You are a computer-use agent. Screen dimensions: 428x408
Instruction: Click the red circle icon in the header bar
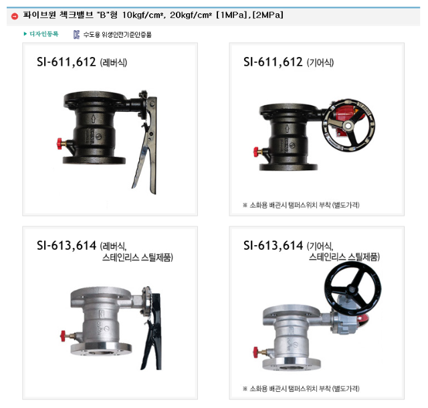click(15, 16)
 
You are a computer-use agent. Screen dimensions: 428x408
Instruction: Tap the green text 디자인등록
click(44, 34)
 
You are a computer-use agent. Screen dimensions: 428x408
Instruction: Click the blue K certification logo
click(76, 34)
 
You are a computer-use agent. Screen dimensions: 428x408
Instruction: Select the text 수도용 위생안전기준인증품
click(118, 34)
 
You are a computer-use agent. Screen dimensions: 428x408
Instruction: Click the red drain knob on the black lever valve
click(60, 144)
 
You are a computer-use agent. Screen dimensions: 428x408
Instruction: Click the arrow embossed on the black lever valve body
click(93, 119)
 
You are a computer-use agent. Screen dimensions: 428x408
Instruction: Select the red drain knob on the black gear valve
click(256, 152)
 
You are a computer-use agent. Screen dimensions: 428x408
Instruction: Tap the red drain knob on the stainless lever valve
click(63, 336)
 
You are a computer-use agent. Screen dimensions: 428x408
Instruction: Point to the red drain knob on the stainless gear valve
click(256, 352)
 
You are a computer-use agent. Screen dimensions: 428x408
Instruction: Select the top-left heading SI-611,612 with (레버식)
click(82, 62)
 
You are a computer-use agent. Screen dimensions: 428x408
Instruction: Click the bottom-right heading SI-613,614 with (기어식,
click(288, 246)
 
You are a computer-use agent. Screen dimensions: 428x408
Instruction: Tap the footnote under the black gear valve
click(301, 205)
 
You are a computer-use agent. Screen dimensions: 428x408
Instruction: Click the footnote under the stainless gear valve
click(301, 389)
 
